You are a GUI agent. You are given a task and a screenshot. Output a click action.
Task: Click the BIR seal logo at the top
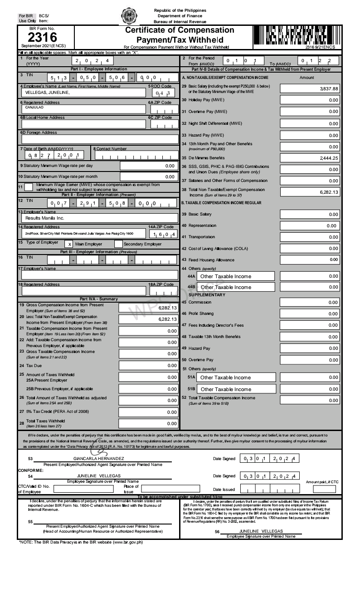[x=129, y=16]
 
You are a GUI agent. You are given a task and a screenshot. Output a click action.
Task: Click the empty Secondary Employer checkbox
[x=118, y=244]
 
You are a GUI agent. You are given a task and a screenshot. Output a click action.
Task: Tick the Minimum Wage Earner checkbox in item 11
[x=29, y=187]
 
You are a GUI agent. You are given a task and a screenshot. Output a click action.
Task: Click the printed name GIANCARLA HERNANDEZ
[x=98, y=459]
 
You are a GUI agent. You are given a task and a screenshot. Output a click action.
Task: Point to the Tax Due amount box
[x=148, y=365]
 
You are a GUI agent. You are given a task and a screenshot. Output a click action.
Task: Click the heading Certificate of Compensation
[x=180, y=30]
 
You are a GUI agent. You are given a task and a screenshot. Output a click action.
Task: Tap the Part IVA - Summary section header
[x=98, y=299]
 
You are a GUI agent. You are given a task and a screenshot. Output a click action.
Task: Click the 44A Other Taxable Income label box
[x=230, y=276]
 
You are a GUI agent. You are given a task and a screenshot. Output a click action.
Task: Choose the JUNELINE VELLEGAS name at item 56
[x=261, y=531]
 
